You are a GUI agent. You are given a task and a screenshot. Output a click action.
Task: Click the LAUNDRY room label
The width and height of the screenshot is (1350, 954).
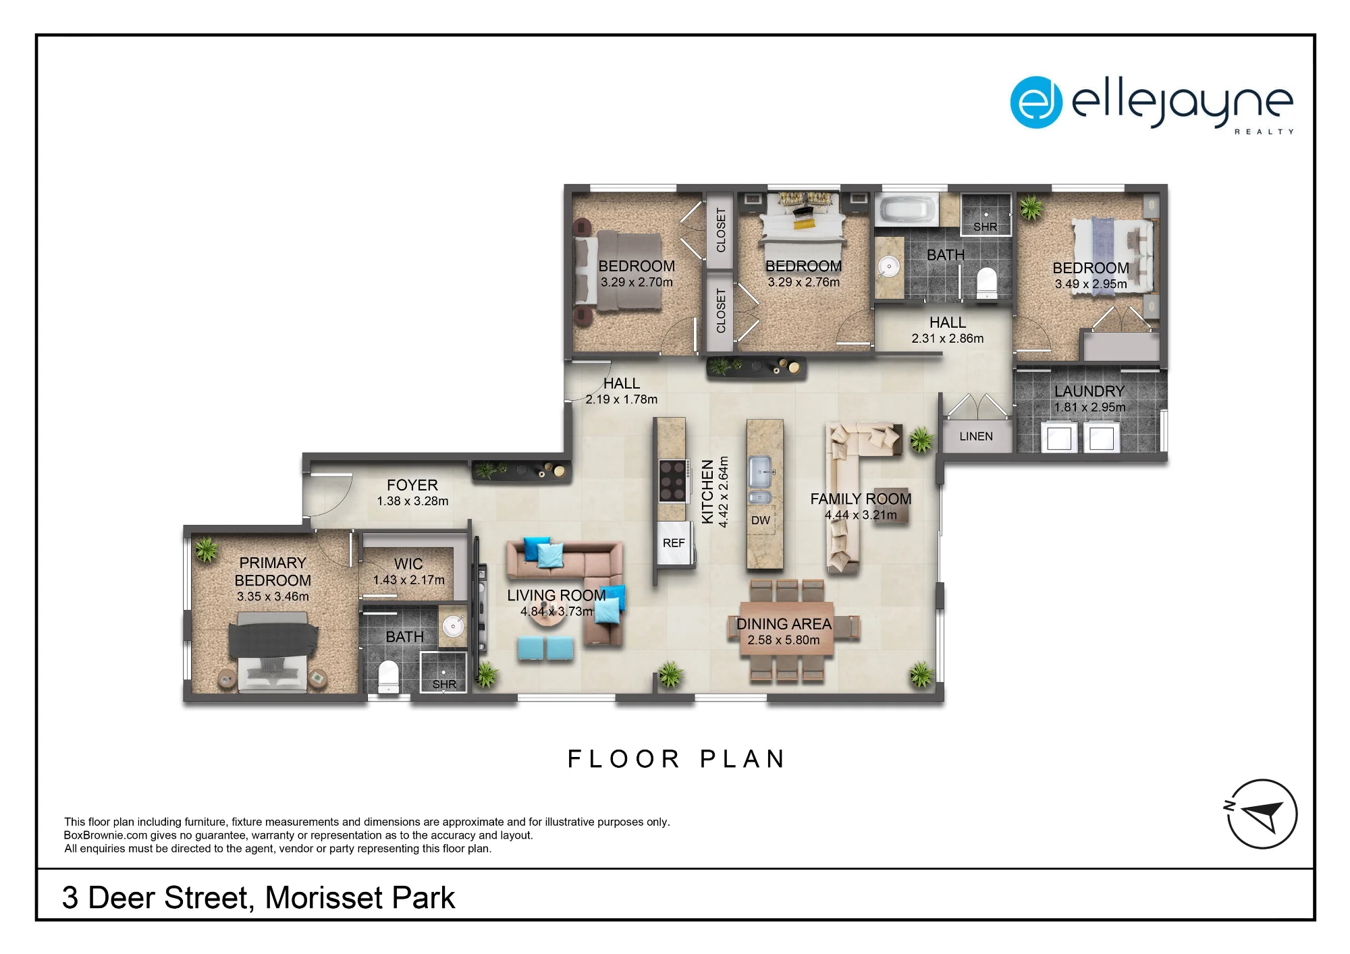(x=1089, y=391)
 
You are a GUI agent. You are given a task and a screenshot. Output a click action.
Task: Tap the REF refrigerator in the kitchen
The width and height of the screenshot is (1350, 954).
(x=674, y=543)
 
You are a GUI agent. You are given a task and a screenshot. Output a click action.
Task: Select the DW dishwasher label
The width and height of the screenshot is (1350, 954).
(x=761, y=520)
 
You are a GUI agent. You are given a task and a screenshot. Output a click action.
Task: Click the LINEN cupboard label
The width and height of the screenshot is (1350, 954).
(x=976, y=437)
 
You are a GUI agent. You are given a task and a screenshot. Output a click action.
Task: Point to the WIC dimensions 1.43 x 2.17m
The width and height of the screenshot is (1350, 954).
(x=409, y=580)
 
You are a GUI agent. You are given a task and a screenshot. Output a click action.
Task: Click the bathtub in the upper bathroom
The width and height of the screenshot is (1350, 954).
(x=907, y=210)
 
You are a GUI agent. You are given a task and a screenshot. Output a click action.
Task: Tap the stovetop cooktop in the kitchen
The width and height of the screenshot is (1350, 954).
(x=673, y=480)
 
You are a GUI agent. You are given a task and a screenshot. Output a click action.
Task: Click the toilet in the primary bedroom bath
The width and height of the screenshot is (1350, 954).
(x=388, y=677)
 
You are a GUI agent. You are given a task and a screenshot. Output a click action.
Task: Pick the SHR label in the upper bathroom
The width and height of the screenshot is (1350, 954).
(x=986, y=227)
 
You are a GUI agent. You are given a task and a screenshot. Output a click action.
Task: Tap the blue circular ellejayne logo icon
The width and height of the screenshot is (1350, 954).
(x=1036, y=103)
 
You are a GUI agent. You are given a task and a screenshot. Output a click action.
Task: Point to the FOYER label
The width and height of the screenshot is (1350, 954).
(x=412, y=485)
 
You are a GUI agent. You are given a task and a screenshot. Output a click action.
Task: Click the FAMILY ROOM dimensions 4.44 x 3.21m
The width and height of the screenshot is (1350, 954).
(x=861, y=515)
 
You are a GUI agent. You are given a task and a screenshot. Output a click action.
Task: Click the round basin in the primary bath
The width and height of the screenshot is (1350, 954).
(x=453, y=626)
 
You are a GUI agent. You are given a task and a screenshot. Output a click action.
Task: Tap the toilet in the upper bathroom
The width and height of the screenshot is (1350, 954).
(x=987, y=283)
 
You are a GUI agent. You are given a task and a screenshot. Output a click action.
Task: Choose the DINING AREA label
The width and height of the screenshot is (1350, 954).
(x=784, y=624)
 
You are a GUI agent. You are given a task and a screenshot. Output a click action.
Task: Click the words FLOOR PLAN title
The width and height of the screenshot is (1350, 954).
(x=676, y=759)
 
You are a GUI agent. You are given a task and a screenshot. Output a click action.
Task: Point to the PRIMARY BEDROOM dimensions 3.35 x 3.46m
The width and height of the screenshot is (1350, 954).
(x=273, y=597)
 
